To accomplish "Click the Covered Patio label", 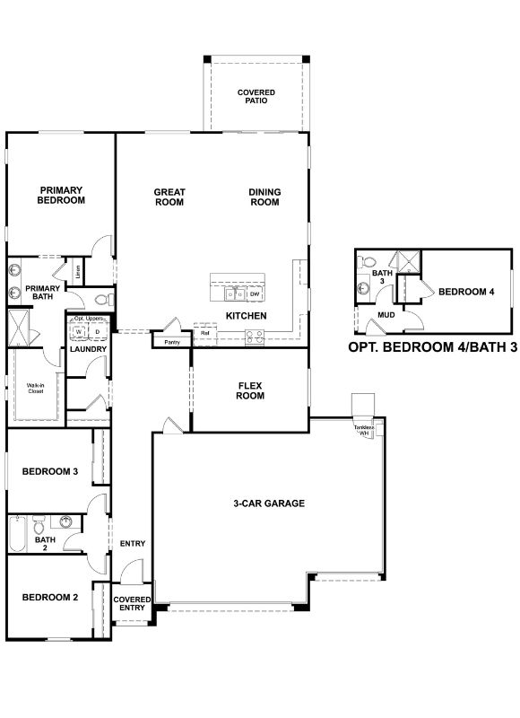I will [256, 96].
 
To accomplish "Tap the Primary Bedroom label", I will [61, 196].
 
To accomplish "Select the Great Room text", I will [169, 197].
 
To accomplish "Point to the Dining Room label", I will [264, 197].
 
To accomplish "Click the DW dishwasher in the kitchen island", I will [256, 294].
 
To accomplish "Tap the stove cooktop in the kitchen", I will [254, 337].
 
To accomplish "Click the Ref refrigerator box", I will [205, 333].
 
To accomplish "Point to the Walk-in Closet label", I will [35, 389].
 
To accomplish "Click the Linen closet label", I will [79, 270].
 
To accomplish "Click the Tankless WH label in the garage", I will [362, 430].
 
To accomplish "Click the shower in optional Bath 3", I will [410, 262].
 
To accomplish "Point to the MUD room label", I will [386, 315].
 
